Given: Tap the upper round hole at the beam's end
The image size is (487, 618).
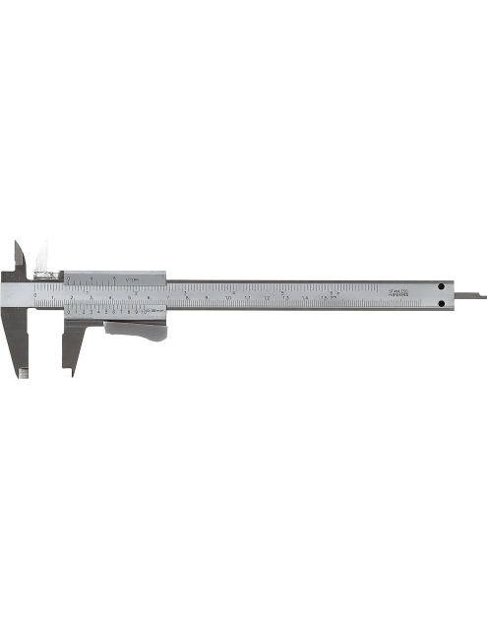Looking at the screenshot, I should tap(443, 286).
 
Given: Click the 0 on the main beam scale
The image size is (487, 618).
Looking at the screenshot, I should tap(36, 296).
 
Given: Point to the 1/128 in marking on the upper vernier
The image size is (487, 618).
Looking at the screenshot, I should tap(131, 279).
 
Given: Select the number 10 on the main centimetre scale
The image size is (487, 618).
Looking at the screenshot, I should tap(228, 297).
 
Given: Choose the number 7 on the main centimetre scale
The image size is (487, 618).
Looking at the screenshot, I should tap(169, 297).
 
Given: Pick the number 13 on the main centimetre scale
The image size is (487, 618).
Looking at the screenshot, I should tap(286, 297).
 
